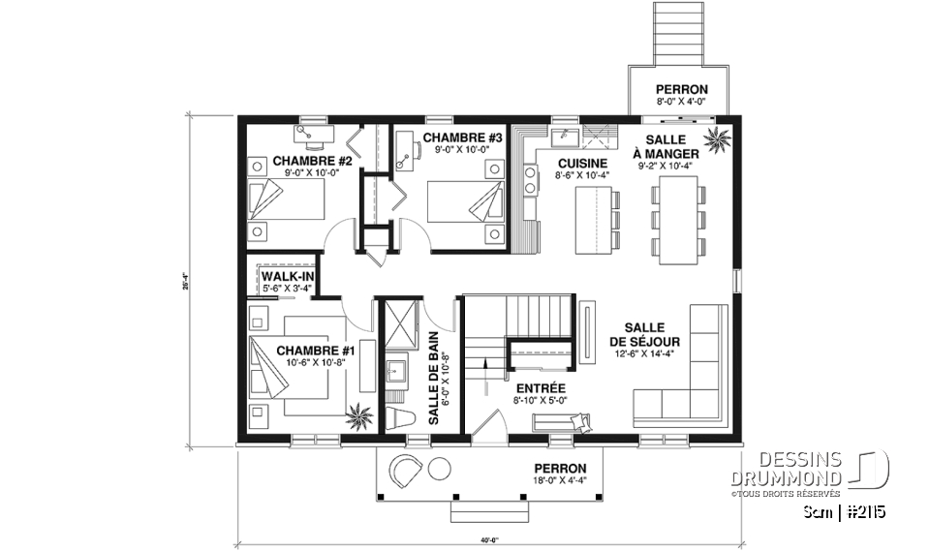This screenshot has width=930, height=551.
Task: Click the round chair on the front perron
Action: pyautogui.click(x=405, y=471)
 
